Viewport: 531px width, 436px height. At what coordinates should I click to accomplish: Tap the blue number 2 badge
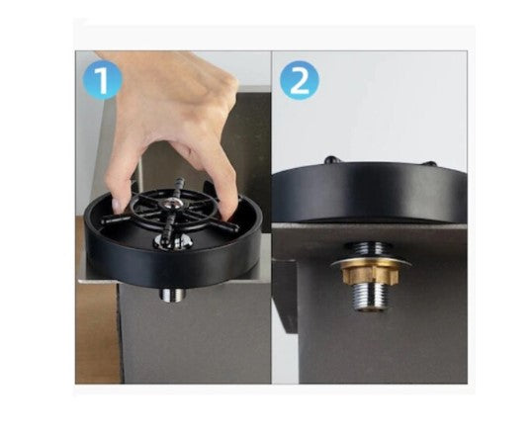pyautogui.click(x=299, y=81)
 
